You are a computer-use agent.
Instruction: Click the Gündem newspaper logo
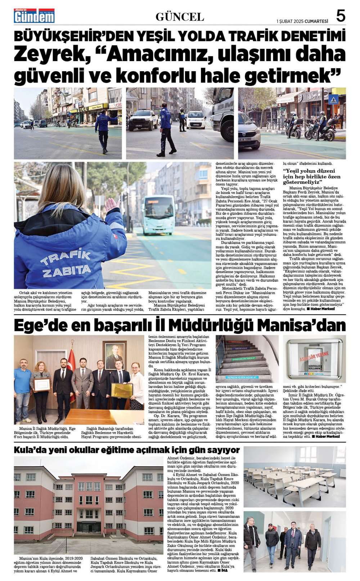(34, 16)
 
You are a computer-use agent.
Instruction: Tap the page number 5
(341, 16)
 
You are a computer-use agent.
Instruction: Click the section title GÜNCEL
(180, 17)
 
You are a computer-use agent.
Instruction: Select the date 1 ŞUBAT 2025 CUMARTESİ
(302, 21)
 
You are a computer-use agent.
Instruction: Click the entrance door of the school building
(89, 527)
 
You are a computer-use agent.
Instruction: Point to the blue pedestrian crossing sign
(333, 100)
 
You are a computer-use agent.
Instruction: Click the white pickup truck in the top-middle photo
(143, 119)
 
